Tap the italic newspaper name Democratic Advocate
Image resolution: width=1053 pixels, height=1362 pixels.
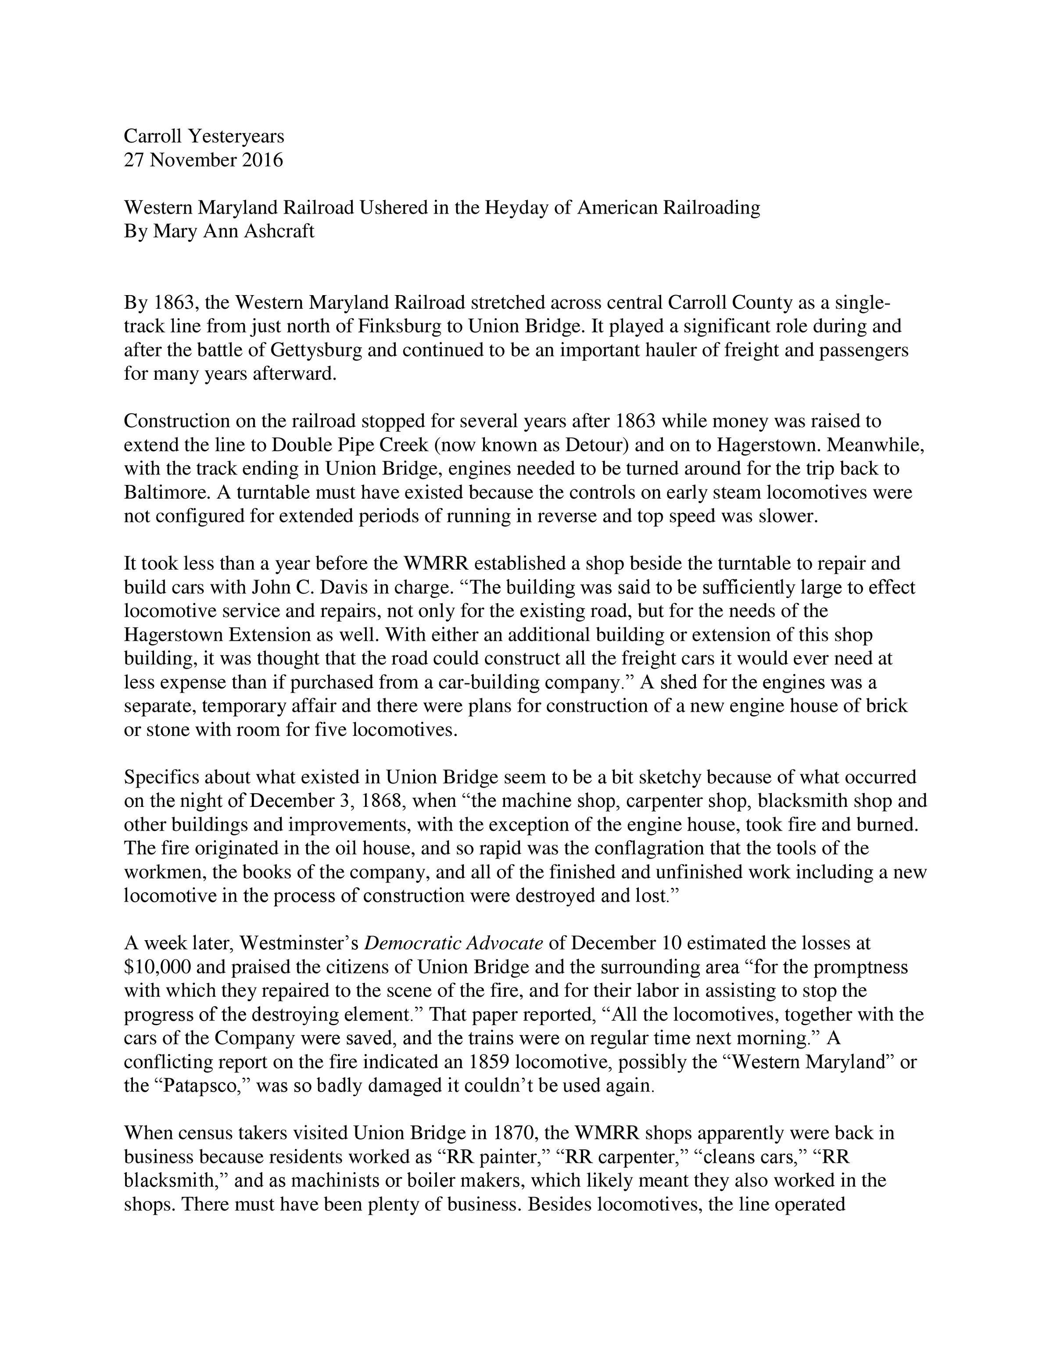tap(454, 943)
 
